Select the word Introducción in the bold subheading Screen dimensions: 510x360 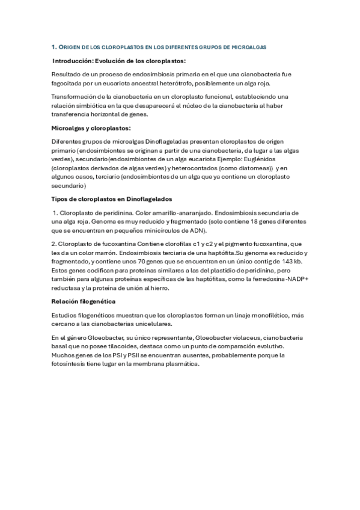73,61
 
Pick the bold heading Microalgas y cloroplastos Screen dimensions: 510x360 91,127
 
